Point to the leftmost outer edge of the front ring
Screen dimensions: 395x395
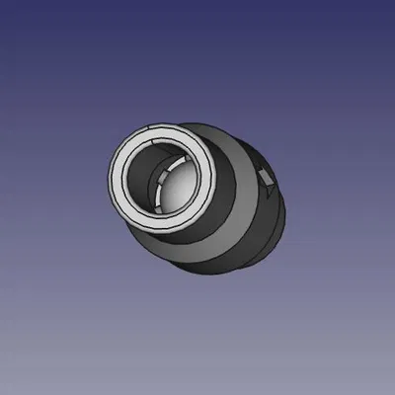click(x=106, y=183)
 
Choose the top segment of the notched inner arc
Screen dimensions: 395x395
click(x=182, y=157)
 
